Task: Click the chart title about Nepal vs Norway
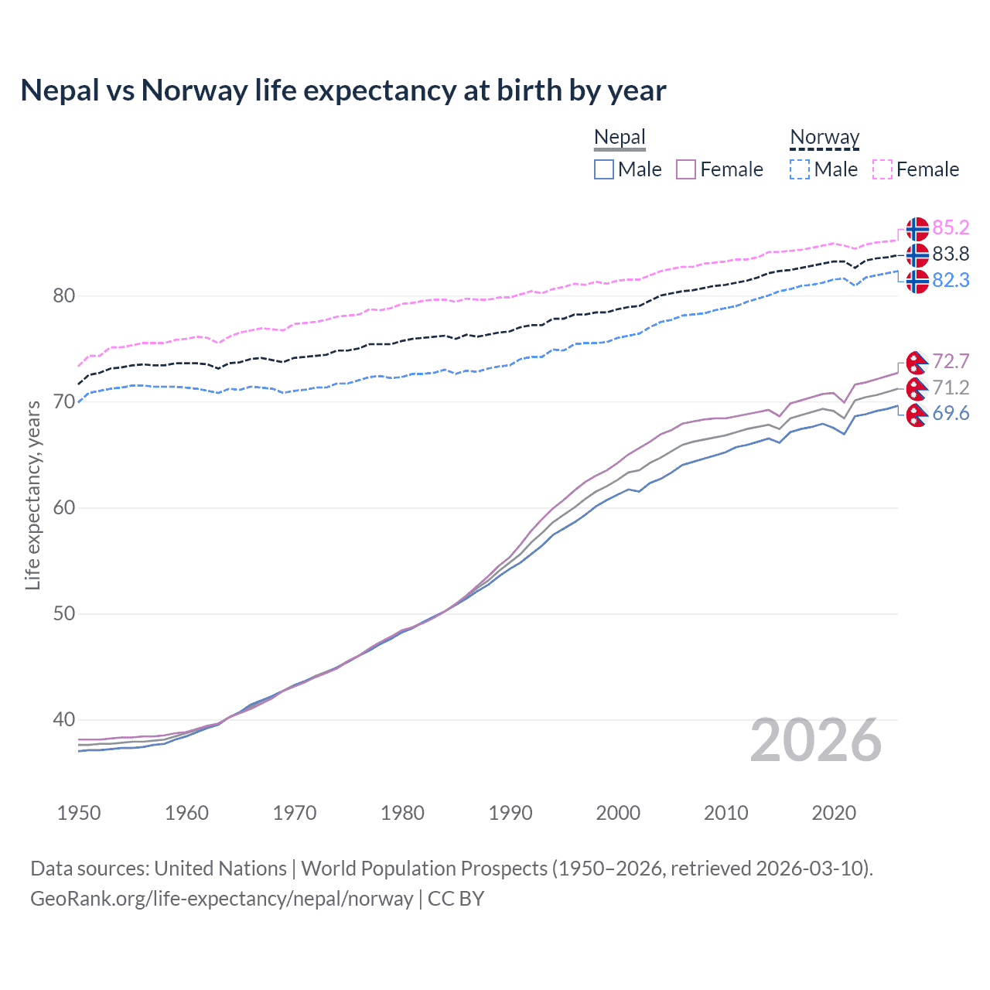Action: [343, 90]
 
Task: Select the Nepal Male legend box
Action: [604, 169]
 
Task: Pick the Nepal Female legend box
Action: [686, 169]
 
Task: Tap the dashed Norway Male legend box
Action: [800, 169]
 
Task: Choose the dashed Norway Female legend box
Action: [882, 169]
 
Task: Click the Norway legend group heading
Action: [824, 138]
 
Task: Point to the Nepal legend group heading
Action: [620, 138]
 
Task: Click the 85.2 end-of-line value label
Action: [951, 228]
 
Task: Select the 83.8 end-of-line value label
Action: [951, 254]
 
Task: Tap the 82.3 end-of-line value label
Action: [951, 281]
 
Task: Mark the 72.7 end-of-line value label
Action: [951, 362]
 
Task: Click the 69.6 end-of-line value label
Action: [951, 414]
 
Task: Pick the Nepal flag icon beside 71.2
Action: [917, 388]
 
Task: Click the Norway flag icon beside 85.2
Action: [917, 229]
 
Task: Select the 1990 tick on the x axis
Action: [510, 813]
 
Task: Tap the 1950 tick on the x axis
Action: [79, 813]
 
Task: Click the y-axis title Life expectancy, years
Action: [32, 495]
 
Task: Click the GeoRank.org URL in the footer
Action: [221, 899]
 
